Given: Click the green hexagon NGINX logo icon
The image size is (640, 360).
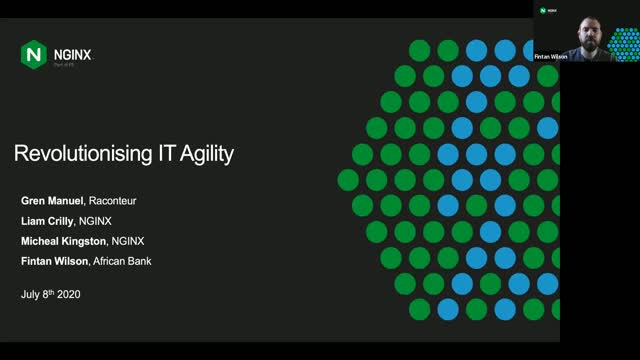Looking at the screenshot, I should pos(34,54).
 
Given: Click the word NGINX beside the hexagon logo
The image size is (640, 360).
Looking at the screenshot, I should pos(72,54).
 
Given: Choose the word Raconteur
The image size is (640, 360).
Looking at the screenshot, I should pos(114,201).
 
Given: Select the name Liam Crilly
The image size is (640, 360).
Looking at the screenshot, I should pos(46,221).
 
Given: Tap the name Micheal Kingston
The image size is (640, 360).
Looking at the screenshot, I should pos(64,241).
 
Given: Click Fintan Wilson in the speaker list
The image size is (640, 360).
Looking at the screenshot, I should pos(54,261).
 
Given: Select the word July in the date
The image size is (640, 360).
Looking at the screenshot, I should pos(31,295).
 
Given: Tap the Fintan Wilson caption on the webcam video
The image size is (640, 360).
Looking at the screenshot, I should pos(551,57).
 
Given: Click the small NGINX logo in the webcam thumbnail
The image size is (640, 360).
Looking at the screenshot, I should pos(547,11).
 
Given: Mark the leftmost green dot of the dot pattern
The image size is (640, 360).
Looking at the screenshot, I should pos(348,179).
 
